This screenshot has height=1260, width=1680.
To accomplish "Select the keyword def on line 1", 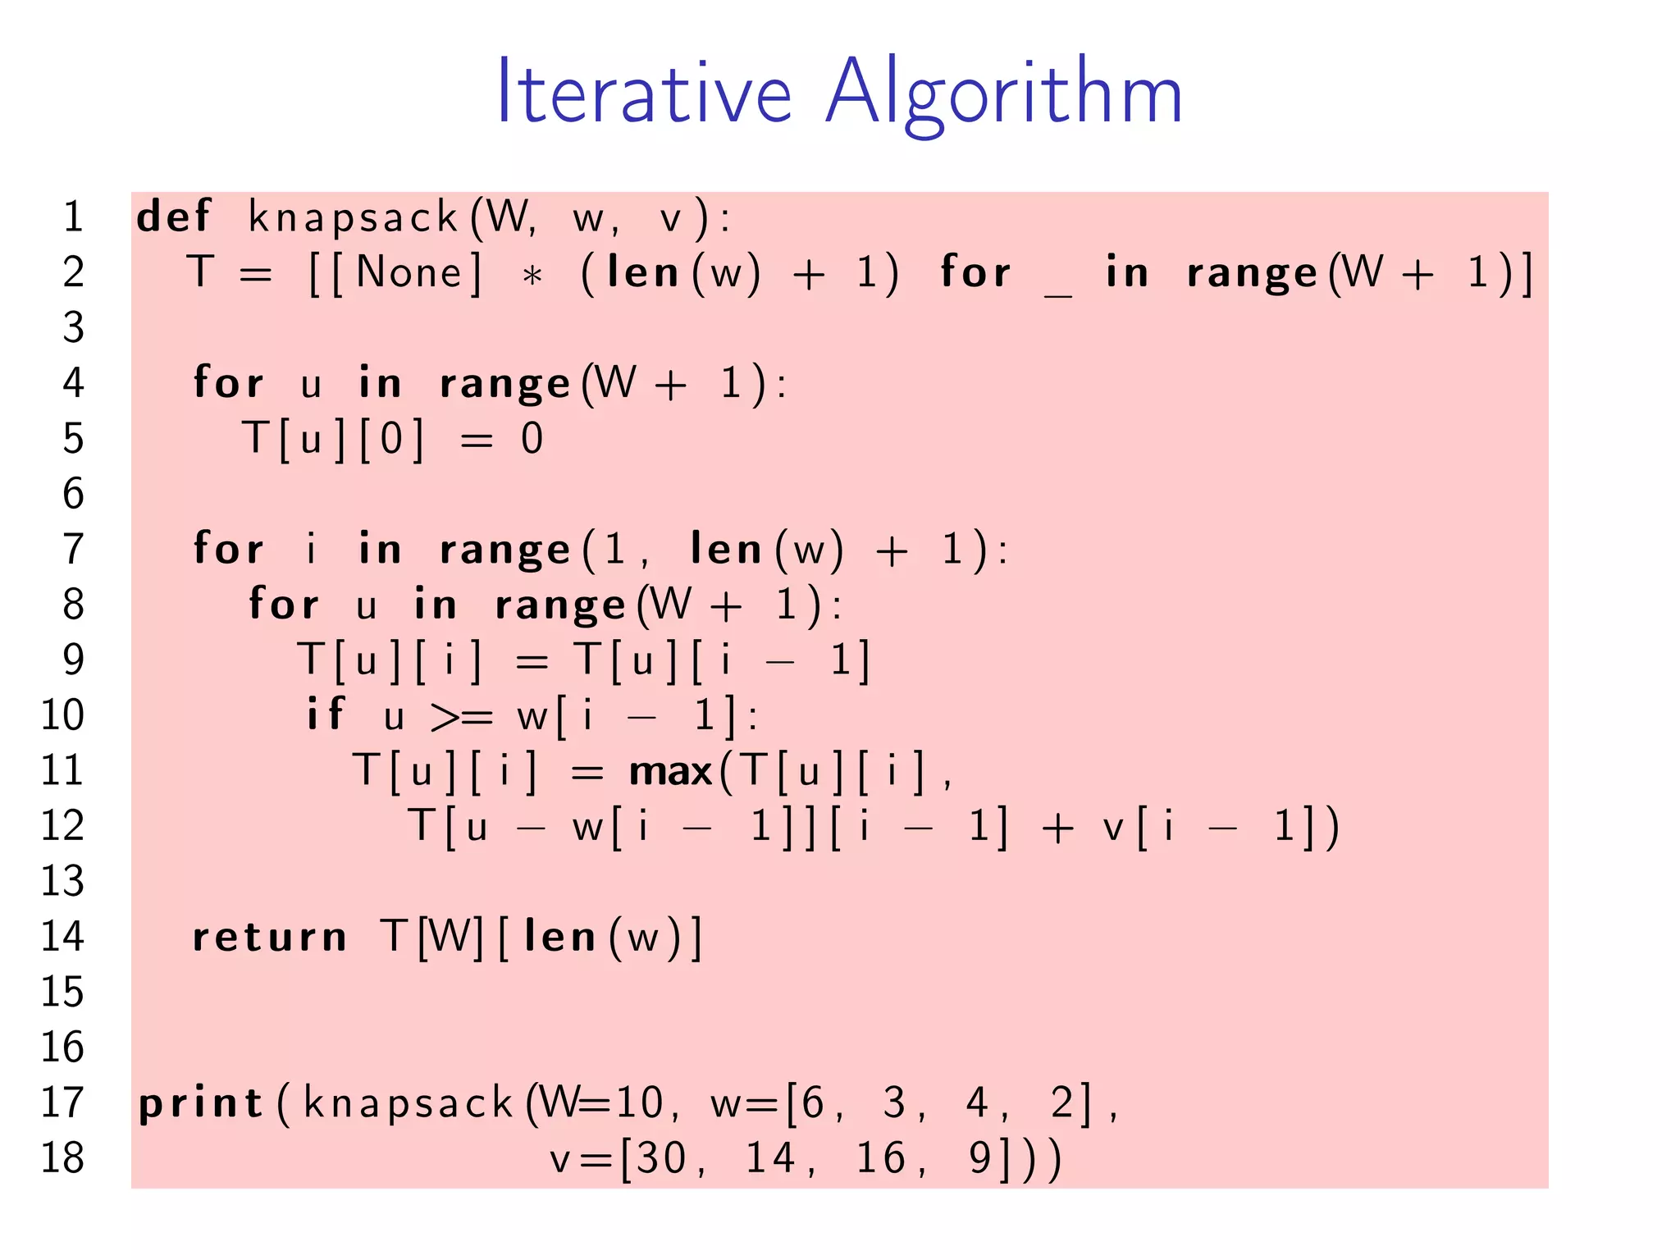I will coord(174,217).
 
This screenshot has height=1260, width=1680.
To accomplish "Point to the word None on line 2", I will coord(409,272).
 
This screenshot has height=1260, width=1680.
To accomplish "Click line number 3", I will coord(74,327).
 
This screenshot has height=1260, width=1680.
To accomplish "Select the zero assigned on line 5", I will coord(532,438).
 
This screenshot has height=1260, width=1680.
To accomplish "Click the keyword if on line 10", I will coord(325,714).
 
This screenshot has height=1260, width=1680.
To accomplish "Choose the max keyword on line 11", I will coord(670,772).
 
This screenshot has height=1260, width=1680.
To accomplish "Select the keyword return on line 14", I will coord(269,938).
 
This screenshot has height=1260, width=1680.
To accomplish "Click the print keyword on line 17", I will coord(200,1104).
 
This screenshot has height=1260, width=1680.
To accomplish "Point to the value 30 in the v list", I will coord(661,1158).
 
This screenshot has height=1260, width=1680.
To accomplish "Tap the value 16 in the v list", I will coord(880,1158).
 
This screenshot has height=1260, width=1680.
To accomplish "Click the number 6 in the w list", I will coord(812,1102).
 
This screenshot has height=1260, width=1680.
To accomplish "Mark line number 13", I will coord(62,881).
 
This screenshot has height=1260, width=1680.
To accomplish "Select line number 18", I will coord(62,1158).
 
